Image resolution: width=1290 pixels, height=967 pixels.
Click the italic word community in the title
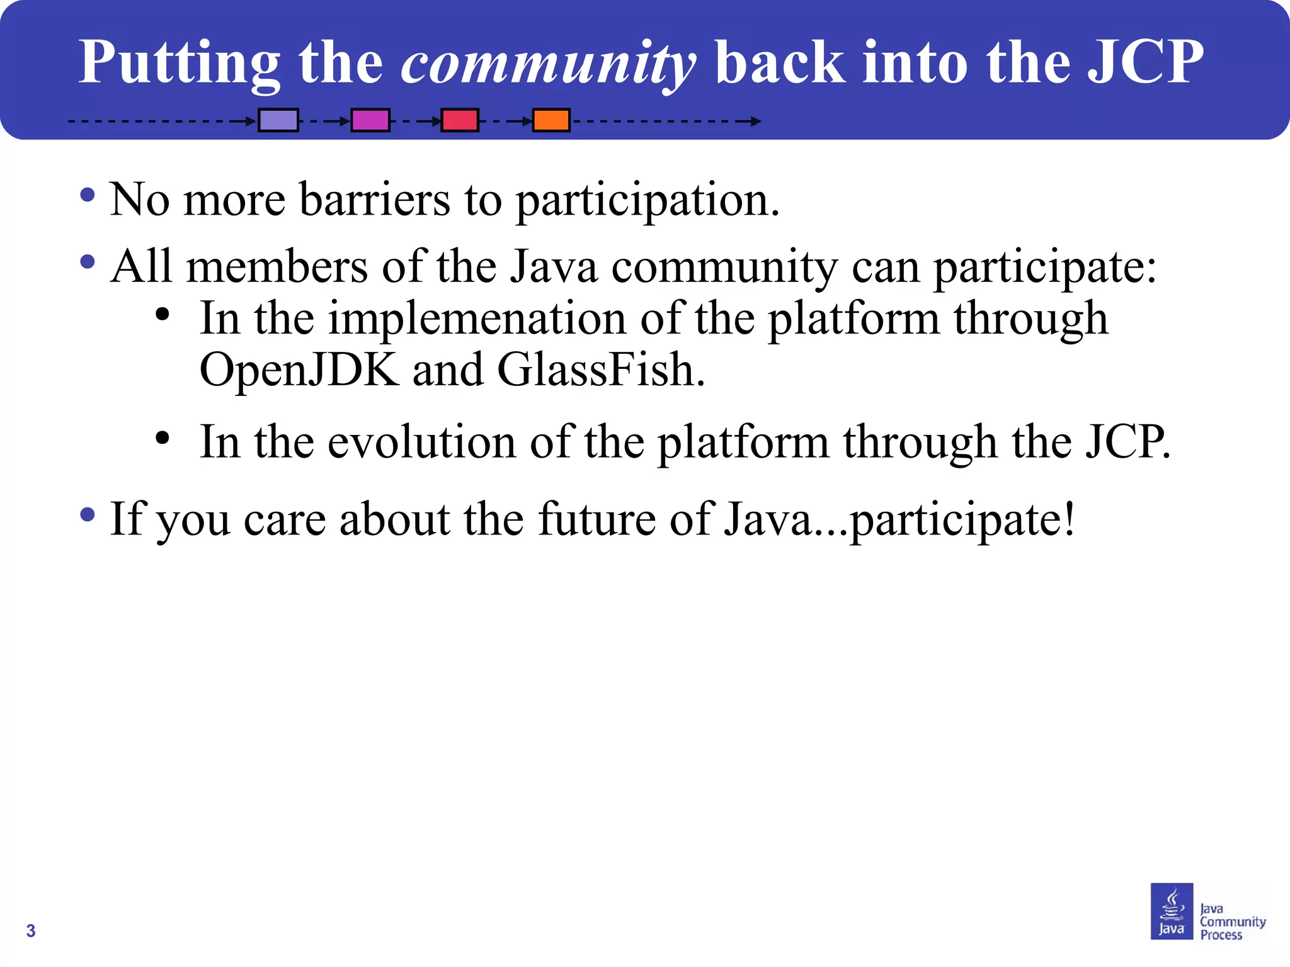coord(548,63)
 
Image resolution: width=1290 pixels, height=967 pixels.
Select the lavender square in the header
coord(278,120)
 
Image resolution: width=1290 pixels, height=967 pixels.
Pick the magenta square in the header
coord(370,120)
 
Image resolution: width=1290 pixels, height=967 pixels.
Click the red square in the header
coord(460,120)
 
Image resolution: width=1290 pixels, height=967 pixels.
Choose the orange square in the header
coord(551,120)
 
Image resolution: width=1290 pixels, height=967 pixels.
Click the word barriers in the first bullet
coord(374,200)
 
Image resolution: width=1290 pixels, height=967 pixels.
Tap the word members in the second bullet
coord(277,267)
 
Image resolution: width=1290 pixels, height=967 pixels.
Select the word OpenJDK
coord(299,370)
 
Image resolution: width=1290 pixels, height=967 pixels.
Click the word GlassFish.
coord(601,370)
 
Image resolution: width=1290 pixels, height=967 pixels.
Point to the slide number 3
coord(31,930)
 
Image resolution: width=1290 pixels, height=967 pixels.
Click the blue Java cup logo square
coord(1172,911)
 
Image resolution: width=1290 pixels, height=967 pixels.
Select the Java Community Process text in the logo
coord(1231,922)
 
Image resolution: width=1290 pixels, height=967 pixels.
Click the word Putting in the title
coord(180,63)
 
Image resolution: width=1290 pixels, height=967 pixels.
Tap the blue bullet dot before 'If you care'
coord(88,515)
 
